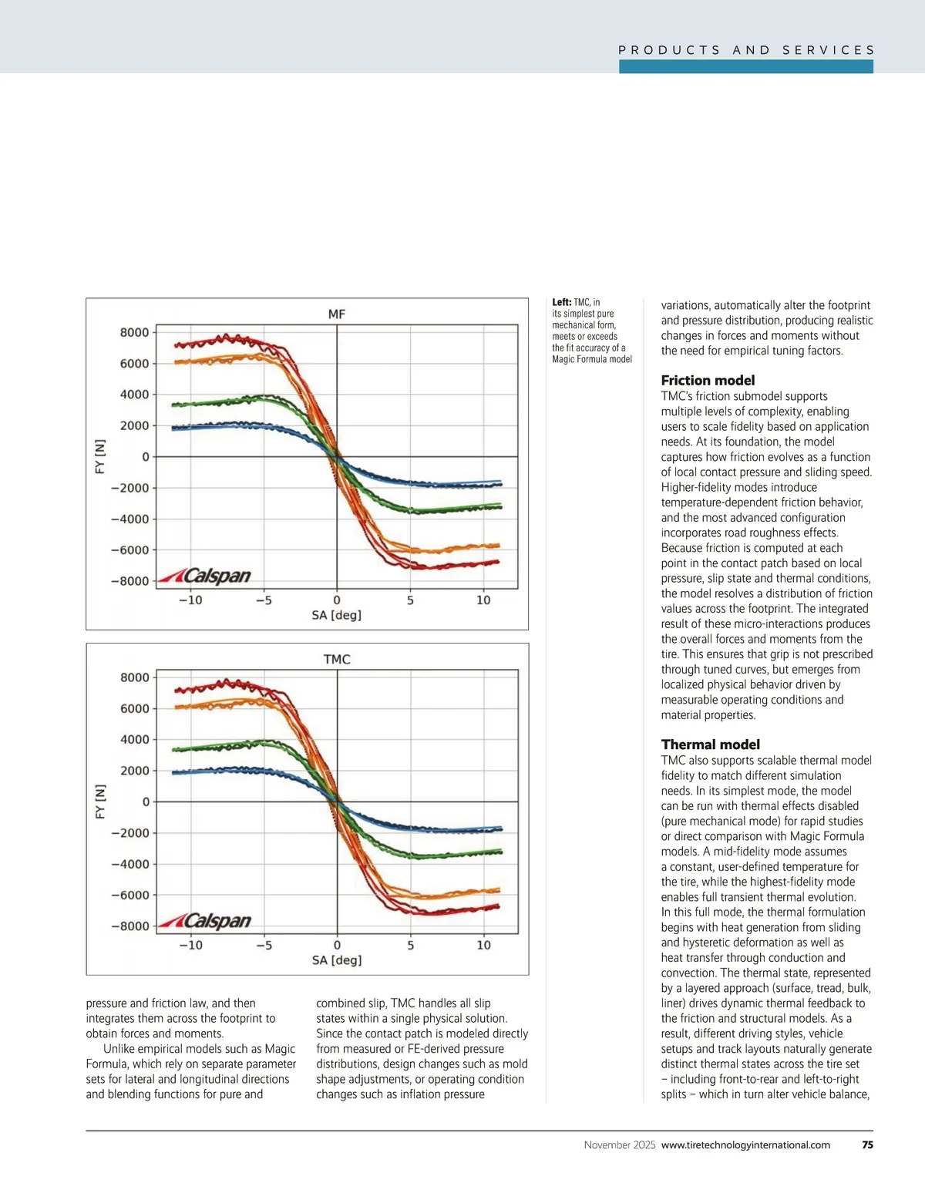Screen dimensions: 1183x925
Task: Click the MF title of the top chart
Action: pos(337,314)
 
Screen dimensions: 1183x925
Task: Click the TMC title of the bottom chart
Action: pos(337,660)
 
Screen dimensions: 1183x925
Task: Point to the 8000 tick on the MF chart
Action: pos(135,333)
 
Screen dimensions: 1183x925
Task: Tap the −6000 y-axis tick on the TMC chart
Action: pos(130,896)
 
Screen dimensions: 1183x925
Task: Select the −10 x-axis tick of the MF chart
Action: pos(190,600)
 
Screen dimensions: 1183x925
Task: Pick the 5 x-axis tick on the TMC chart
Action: pos(410,946)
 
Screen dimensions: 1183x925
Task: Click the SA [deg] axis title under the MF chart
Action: pos(337,615)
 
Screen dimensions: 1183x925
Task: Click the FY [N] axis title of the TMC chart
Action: pos(100,802)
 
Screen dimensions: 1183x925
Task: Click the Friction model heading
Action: pos(708,381)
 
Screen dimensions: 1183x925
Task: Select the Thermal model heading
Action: pos(710,744)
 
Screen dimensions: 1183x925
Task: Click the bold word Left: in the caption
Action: pos(562,303)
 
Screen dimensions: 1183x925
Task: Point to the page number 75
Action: pos(867,1145)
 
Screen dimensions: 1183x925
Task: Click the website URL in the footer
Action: pos(745,1145)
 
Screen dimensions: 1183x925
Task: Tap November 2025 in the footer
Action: pos(620,1145)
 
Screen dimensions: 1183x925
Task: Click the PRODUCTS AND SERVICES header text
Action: pos(746,50)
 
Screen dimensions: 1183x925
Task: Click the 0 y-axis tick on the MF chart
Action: pos(146,457)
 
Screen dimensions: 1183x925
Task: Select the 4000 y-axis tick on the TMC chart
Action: pos(135,740)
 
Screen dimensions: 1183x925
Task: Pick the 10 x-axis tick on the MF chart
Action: pos(483,600)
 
